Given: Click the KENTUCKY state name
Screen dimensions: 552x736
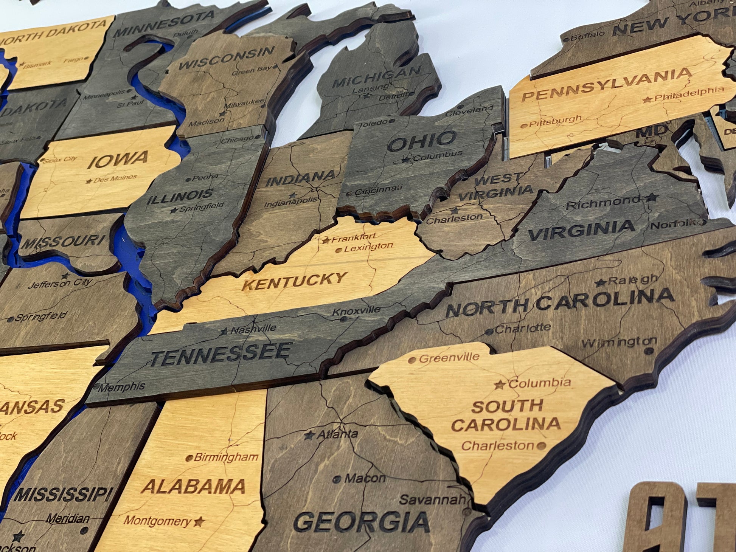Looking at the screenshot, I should pyautogui.click(x=294, y=281).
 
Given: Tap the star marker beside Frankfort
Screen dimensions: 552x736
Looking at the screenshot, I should pyautogui.click(x=326, y=240).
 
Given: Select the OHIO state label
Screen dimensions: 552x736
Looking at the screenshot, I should pyautogui.click(x=422, y=141).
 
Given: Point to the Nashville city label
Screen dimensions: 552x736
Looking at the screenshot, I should pyautogui.click(x=253, y=329).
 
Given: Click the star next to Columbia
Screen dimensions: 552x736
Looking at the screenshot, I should pyautogui.click(x=499, y=385).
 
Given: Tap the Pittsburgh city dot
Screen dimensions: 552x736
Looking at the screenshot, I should pyautogui.click(x=524, y=126).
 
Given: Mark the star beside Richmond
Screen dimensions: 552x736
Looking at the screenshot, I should pyautogui.click(x=651, y=197).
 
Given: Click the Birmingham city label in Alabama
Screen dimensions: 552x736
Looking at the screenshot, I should pyautogui.click(x=226, y=457).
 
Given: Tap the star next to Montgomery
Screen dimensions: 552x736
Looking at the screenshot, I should pyautogui.click(x=199, y=522).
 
